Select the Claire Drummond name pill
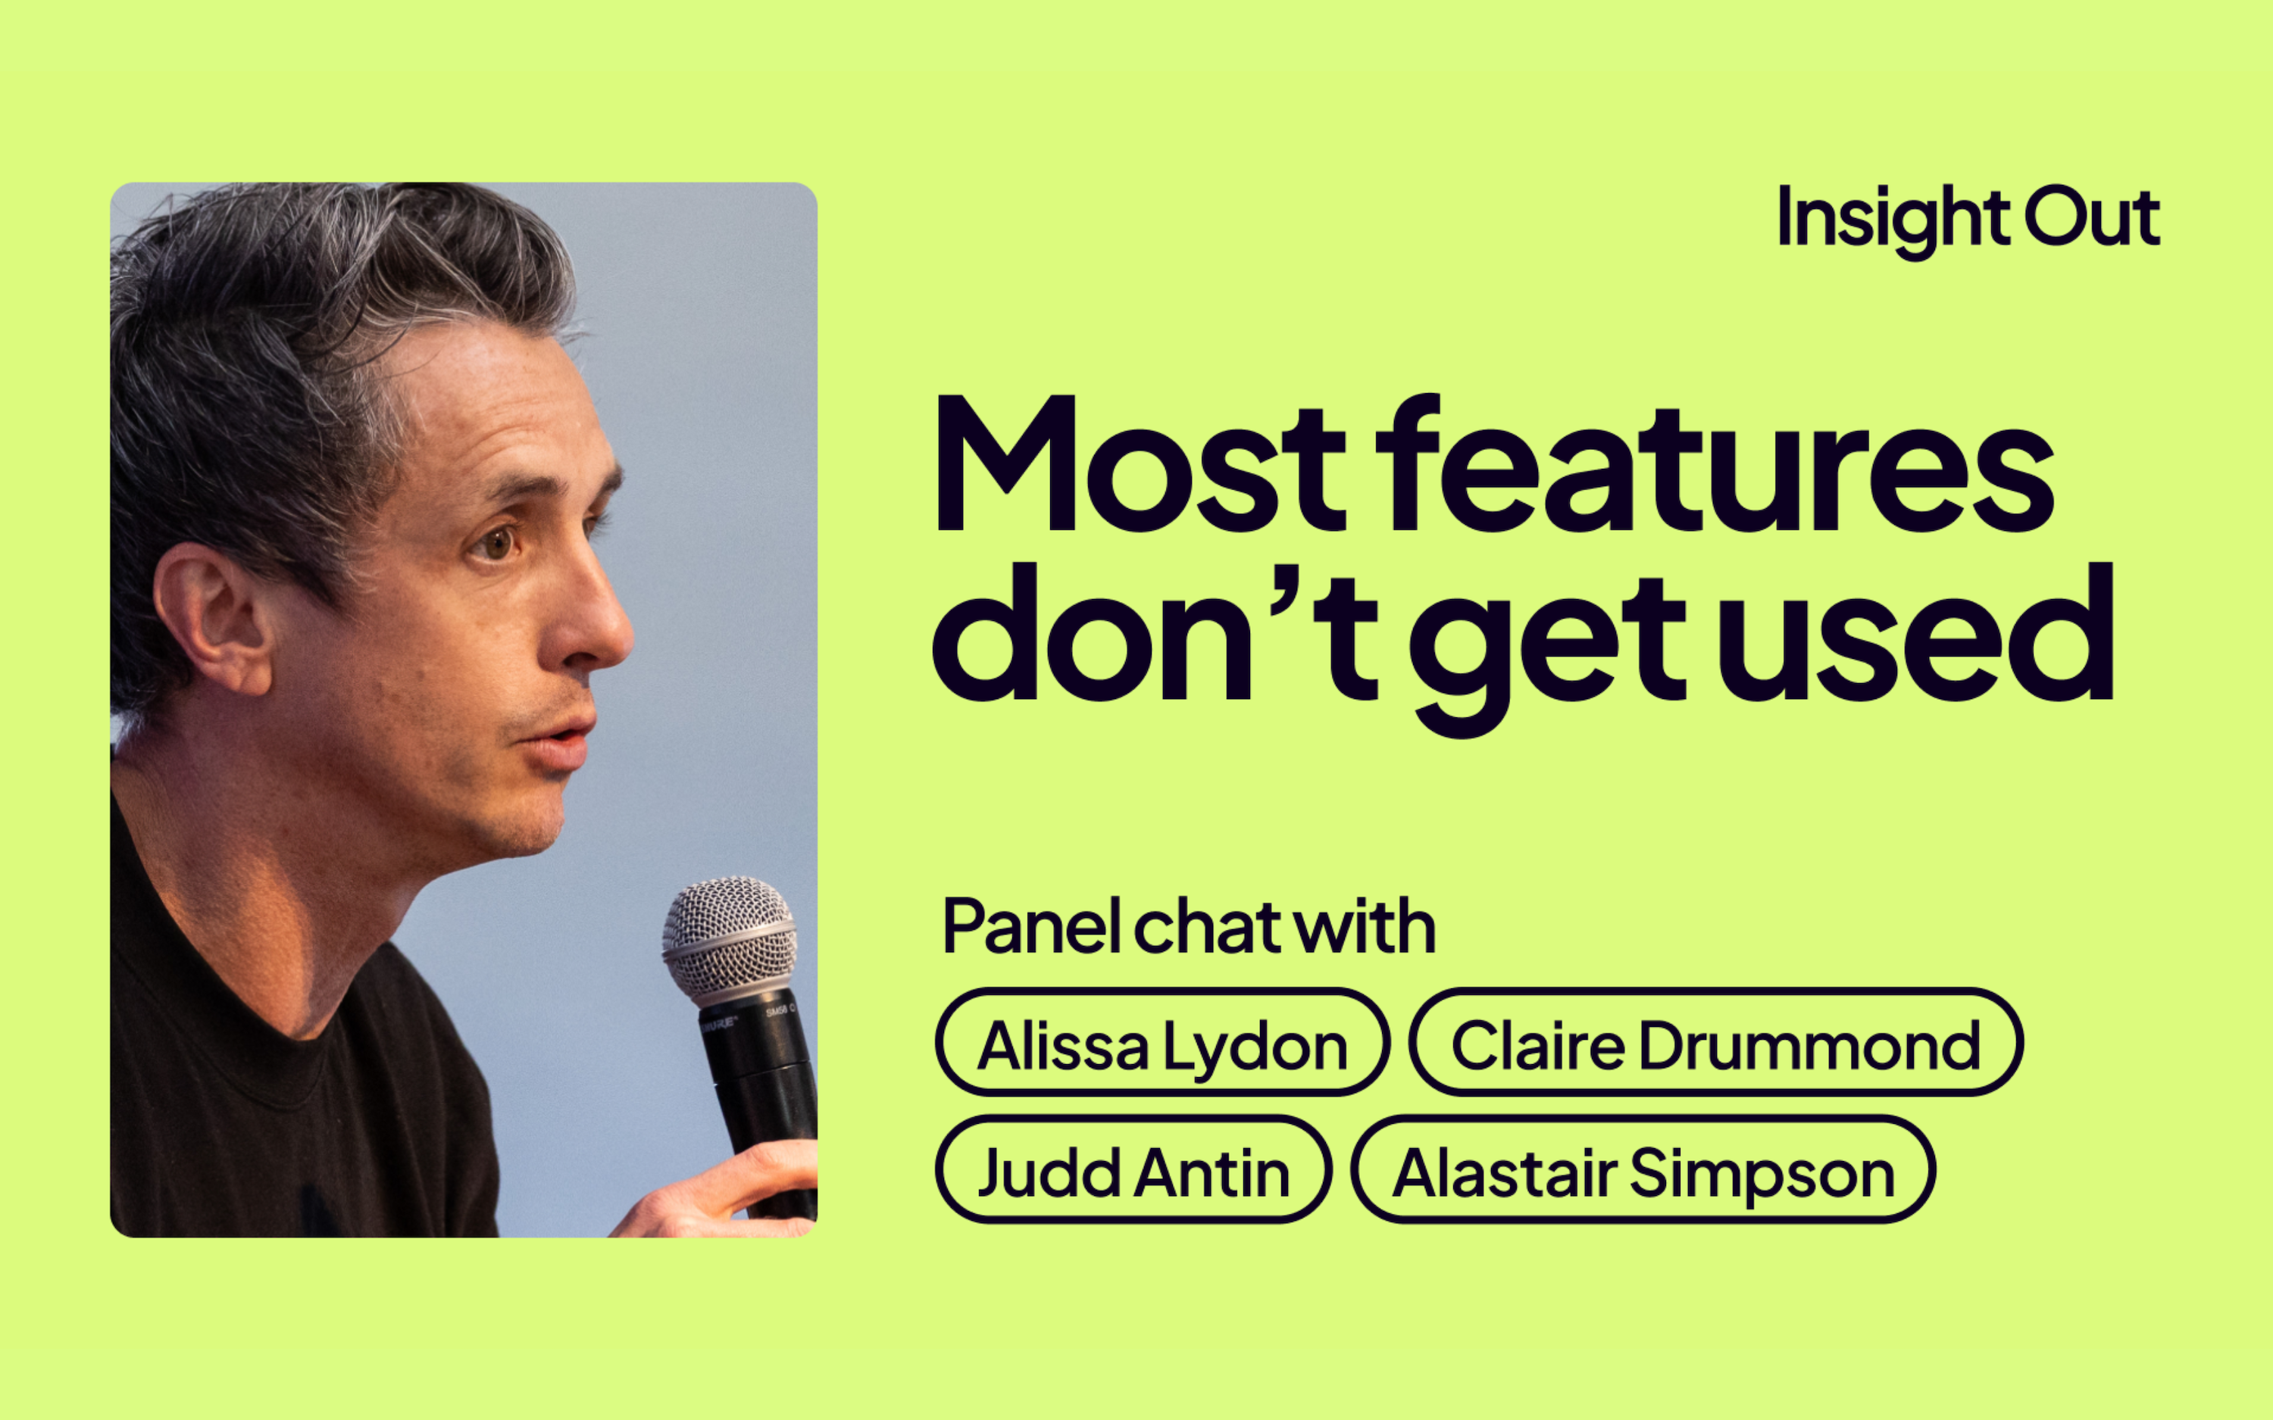1716,1041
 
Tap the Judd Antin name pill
1133,1169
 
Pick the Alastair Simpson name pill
1643,1169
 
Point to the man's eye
497,542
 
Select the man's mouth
560,739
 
